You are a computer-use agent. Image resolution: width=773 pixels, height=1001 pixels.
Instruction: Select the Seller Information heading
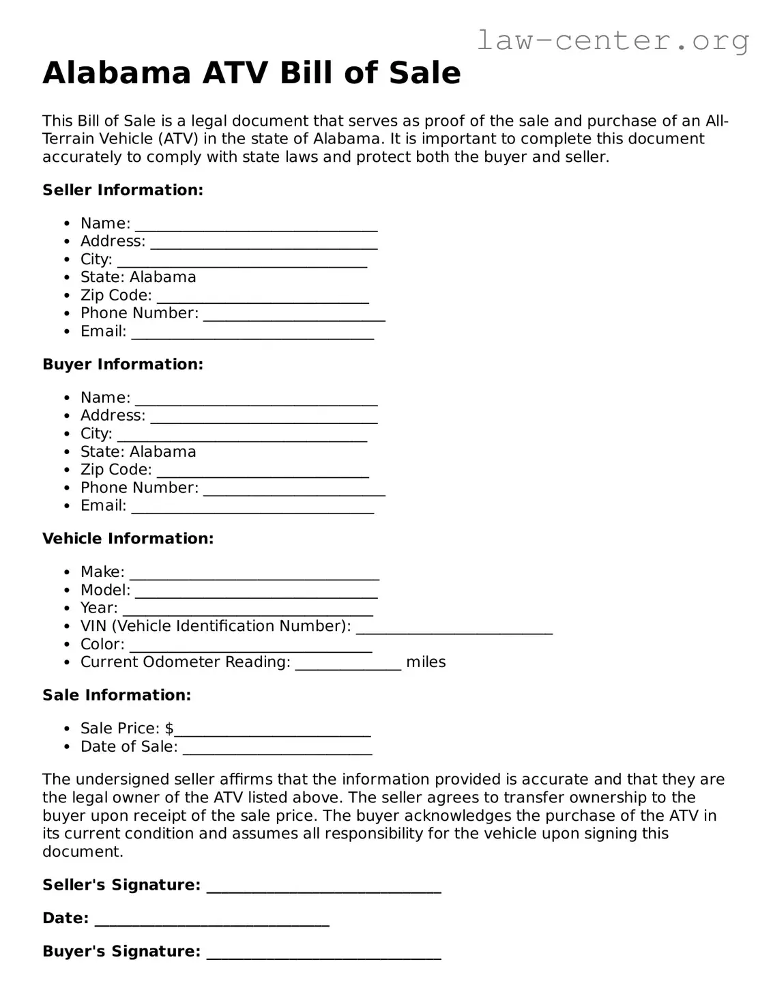pos(123,190)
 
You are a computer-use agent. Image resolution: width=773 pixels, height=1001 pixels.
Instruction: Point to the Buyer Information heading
pos(123,364)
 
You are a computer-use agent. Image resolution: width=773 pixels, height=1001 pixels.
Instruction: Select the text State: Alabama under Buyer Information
pos(138,451)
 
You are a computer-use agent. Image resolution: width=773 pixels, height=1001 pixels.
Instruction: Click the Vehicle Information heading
pos(128,538)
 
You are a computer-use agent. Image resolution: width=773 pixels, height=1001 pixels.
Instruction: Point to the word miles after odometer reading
pos(426,662)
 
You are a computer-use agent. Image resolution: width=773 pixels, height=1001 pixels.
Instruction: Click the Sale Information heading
pos(117,694)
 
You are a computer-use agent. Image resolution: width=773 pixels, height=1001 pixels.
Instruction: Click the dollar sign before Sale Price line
pos(169,728)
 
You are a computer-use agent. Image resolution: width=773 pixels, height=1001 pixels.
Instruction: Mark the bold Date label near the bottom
pos(65,918)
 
